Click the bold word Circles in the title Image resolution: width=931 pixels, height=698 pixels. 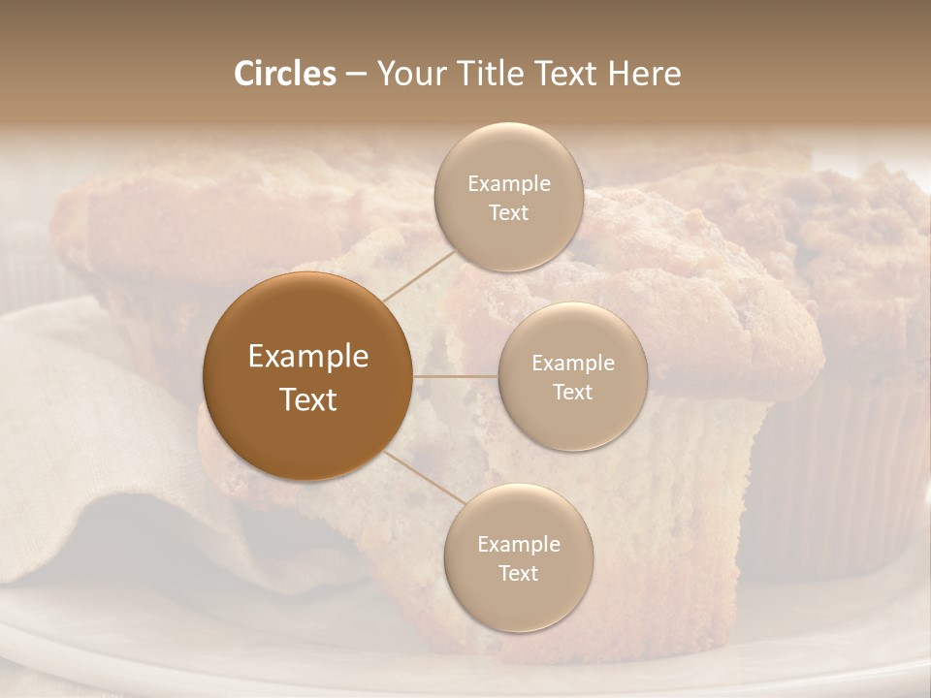(x=284, y=74)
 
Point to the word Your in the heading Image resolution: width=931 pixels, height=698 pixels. (x=407, y=75)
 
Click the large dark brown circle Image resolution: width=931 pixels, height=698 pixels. (x=307, y=376)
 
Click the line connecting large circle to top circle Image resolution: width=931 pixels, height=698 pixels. (x=420, y=273)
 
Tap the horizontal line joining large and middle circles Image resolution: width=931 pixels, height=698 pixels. (x=456, y=376)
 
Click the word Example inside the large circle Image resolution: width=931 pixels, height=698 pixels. (x=307, y=357)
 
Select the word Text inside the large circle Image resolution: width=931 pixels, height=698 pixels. (x=307, y=399)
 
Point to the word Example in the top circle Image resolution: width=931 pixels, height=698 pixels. (x=508, y=183)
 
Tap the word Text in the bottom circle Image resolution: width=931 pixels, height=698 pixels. (x=518, y=573)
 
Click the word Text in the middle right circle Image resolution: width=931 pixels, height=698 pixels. (x=572, y=392)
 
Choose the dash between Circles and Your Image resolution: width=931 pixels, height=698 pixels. (x=355, y=75)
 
